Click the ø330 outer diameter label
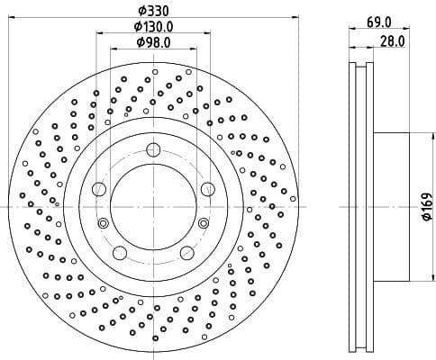tap(152, 10)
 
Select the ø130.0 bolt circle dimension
tap(153, 26)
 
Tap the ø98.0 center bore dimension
tap(153, 41)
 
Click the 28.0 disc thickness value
tap(392, 41)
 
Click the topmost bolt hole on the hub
tap(153, 149)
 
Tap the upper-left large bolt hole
tap(99, 188)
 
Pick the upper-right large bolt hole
tap(207, 188)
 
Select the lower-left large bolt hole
tap(120, 252)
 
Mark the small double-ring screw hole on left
tap(103, 223)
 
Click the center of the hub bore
tap(153, 206)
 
